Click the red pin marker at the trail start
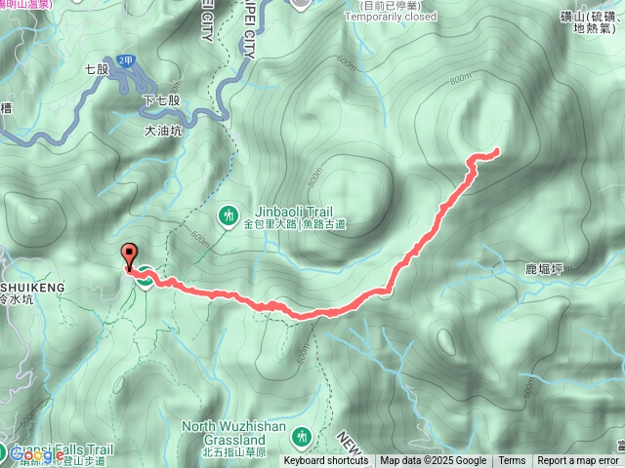[128, 256]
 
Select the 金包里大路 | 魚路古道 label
[295, 224]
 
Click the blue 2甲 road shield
[124, 60]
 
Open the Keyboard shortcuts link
[326, 461]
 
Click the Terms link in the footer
[512, 461]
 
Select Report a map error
[580, 461]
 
